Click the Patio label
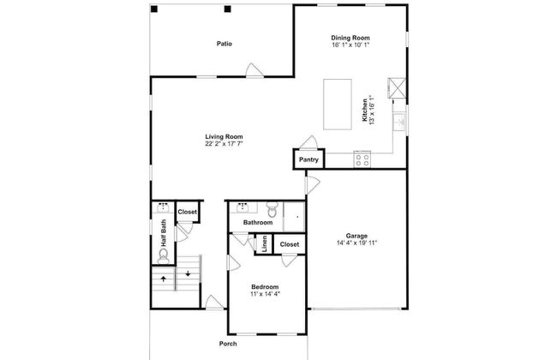[225, 43]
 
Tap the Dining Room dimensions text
[351, 45]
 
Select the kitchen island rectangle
[337, 104]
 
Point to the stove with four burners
[362, 158]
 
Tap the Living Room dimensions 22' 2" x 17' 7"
[225, 144]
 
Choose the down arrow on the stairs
[188, 275]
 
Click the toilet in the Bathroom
[272, 208]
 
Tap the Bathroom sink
[243, 207]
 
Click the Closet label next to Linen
[289, 243]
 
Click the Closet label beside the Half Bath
[187, 212]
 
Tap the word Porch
[228, 343]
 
